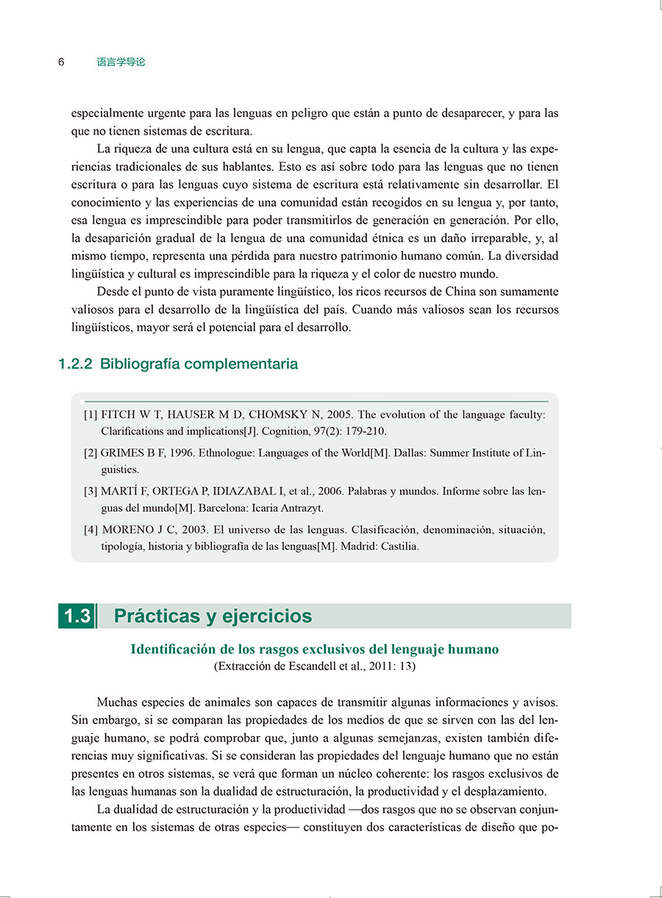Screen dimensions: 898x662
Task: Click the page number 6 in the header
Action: [61, 63]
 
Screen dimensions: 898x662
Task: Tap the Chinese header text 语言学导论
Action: [121, 63]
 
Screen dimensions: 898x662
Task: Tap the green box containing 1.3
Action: [76, 616]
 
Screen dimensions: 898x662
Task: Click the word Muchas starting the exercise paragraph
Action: [116, 702]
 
